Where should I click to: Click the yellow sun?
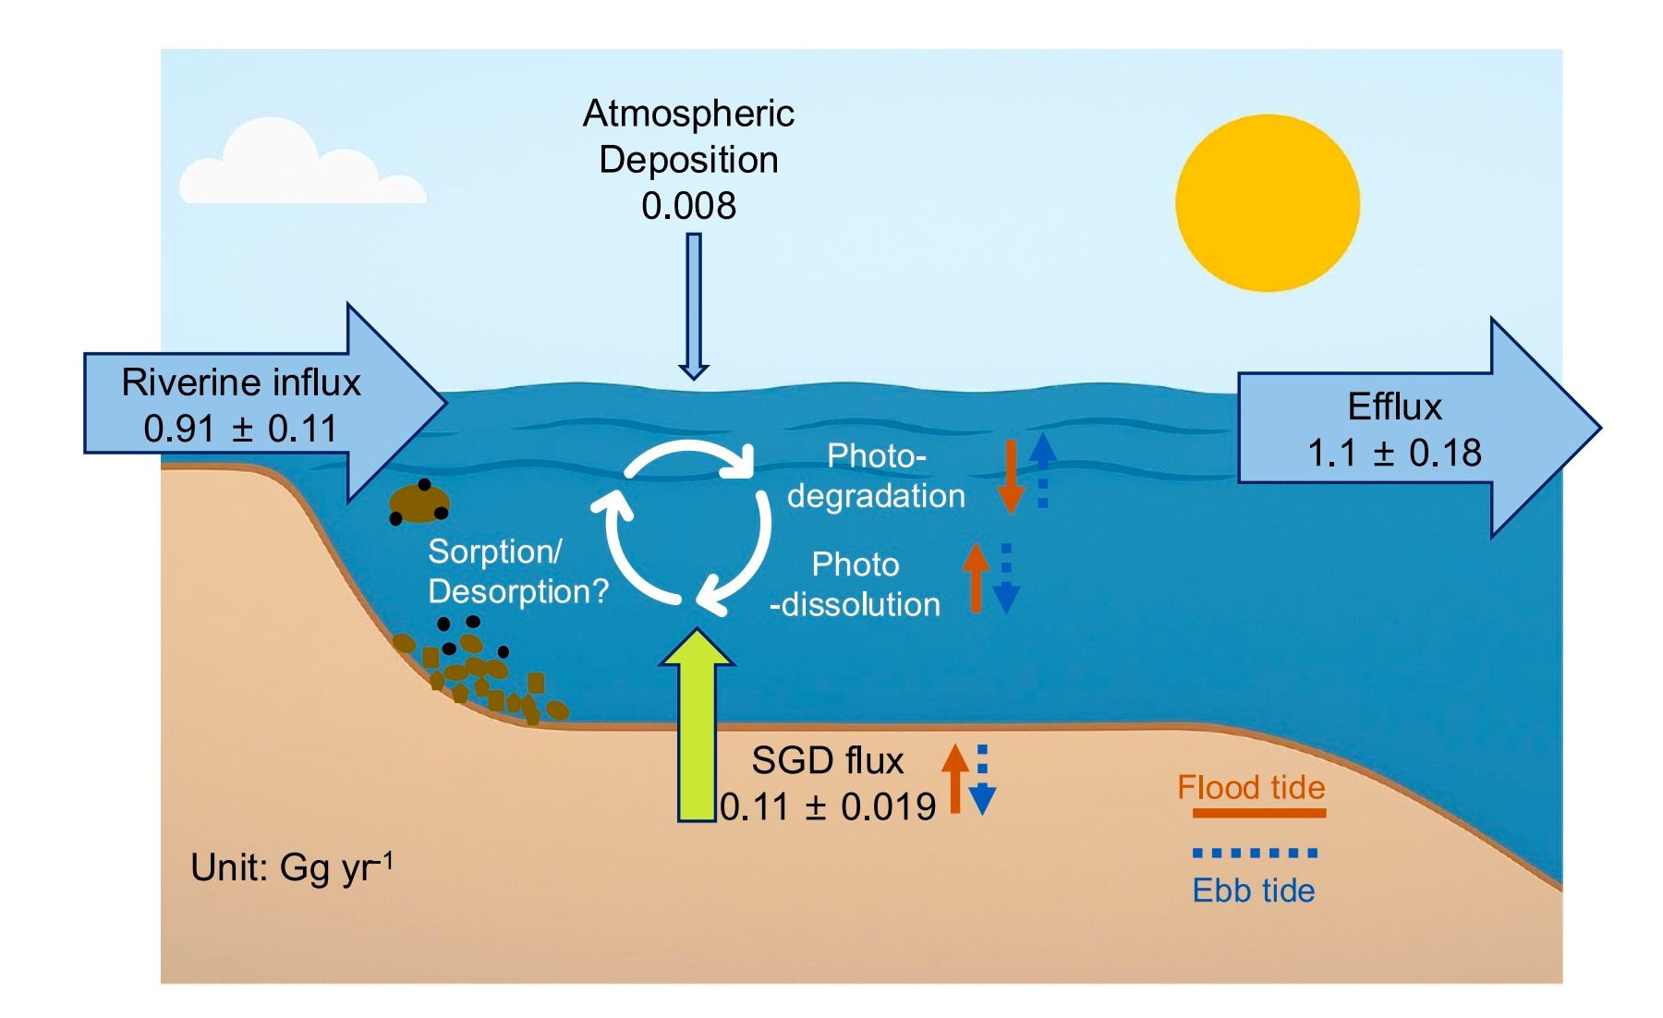(x=1267, y=202)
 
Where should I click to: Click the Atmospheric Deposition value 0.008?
(x=688, y=206)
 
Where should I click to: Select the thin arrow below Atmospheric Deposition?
(x=694, y=305)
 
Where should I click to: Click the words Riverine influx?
(x=241, y=382)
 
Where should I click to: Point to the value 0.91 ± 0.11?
(x=241, y=429)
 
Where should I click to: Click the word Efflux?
(x=1394, y=406)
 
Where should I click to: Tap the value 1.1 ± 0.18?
(x=1394, y=453)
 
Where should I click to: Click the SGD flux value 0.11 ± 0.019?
(x=828, y=806)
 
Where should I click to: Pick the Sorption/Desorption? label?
(x=517, y=571)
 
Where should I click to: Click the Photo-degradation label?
(x=876, y=476)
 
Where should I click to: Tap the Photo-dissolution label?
(x=855, y=584)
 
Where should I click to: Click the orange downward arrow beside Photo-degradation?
(x=1011, y=476)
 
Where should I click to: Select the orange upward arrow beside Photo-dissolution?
(x=976, y=577)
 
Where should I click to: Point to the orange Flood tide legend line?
(x=1258, y=814)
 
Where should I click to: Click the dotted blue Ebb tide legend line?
(x=1255, y=853)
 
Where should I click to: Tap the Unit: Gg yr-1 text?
(x=292, y=867)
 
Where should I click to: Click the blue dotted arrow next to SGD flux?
(x=982, y=781)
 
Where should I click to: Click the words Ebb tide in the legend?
(x=1253, y=891)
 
